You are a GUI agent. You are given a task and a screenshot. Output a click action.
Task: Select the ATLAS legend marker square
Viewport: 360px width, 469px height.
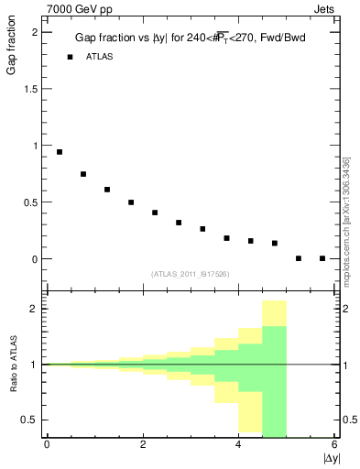pos(70,57)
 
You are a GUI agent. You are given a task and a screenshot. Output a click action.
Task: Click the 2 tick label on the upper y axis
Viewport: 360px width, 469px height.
pos(35,32)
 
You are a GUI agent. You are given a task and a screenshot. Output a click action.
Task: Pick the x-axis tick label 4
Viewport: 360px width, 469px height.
pos(239,444)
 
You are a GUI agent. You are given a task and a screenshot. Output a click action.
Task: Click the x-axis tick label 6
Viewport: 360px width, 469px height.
pos(335,444)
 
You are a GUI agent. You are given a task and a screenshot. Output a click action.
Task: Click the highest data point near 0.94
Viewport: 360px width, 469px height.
pos(60,152)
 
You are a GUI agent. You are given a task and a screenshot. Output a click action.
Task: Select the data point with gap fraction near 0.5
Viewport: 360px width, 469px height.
pos(131,202)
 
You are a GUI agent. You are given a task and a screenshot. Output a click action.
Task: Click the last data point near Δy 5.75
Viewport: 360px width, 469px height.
pos(322,258)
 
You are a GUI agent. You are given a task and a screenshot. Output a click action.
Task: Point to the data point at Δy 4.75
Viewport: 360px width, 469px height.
pos(275,243)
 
